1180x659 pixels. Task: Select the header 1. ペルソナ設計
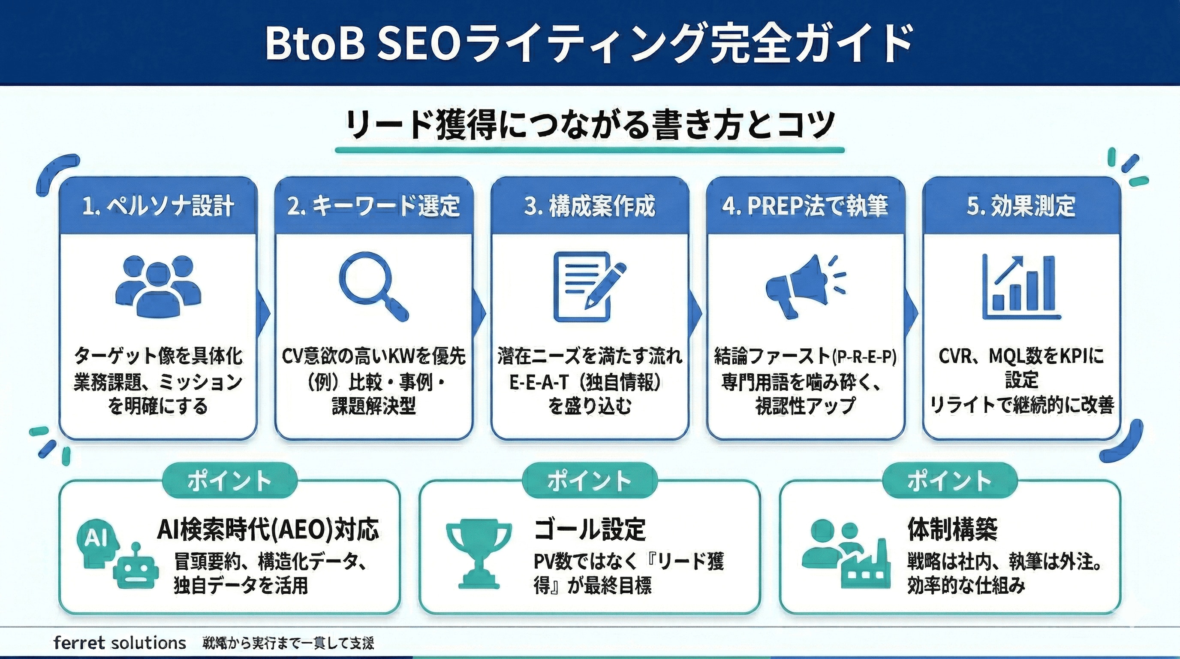[158, 206]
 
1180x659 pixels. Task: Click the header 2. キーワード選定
[374, 206]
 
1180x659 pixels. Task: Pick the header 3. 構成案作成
[590, 206]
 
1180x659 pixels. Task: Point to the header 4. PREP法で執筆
[805, 206]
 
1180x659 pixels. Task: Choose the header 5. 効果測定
[1021, 206]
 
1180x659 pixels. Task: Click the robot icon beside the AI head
[135, 568]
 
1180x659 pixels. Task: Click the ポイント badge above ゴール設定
[590, 481]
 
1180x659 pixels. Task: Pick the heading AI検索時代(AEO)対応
[268, 529]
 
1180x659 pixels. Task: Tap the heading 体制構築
[952, 529]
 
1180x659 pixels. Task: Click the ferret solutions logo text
[120, 643]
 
